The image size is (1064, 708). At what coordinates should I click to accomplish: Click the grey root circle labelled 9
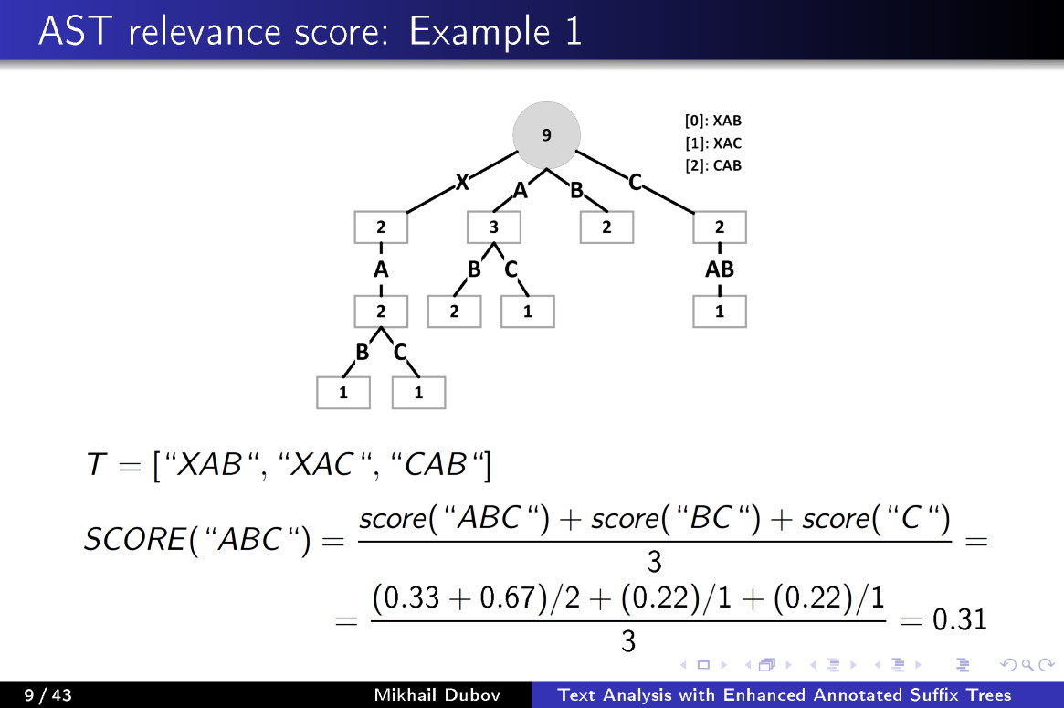[x=546, y=135]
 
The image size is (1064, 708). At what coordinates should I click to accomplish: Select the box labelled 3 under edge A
[x=493, y=227]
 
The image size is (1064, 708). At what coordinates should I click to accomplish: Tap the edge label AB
[x=720, y=269]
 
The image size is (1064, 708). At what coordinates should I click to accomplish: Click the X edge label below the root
[x=462, y=183]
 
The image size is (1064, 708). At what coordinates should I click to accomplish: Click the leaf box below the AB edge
[x=720, y=312]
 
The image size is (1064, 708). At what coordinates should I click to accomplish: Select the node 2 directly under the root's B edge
[x=606, y=227]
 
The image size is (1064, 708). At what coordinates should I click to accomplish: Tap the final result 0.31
[x=959, y=620]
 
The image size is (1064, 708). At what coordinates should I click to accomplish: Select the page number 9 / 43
[x=47, y=695]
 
